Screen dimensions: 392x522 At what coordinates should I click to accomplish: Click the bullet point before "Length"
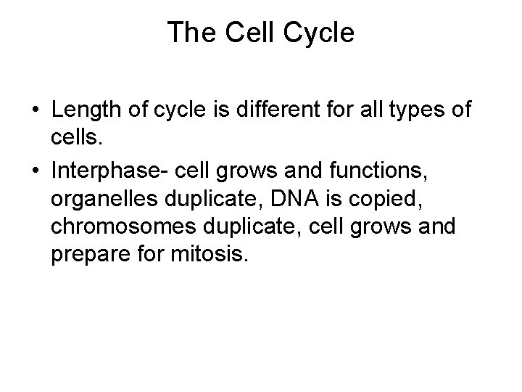pos(35,111)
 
